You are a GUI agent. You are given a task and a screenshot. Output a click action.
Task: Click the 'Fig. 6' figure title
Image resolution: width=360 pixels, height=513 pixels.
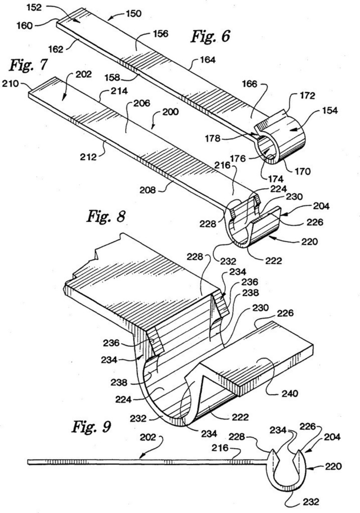coord(210,36)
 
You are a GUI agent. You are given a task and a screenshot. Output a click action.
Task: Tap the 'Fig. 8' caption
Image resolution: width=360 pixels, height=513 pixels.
coord(106,216)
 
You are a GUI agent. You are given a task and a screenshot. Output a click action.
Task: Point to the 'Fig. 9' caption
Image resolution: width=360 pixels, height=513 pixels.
coord(91,426)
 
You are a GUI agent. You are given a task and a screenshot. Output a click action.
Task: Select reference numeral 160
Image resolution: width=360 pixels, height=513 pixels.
coord(25,25)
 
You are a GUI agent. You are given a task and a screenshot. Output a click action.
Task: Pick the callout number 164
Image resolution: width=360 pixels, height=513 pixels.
coord(207,60)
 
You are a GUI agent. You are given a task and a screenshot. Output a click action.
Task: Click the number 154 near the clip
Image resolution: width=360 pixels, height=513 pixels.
coord(329,110)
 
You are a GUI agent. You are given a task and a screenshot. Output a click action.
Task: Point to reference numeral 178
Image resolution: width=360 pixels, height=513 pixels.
coord(212,138)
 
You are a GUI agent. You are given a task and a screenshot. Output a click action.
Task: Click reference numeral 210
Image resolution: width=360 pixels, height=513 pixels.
coord(10,84)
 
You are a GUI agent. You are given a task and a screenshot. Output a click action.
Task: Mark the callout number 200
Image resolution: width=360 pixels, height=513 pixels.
coord(171,112)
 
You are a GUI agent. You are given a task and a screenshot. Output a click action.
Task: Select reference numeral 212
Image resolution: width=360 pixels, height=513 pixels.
coord(89,157)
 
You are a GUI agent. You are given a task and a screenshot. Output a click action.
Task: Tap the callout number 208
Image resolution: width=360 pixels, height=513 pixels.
coord(148,190)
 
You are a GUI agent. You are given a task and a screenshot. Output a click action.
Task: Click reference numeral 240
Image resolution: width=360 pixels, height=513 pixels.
coord(290,393)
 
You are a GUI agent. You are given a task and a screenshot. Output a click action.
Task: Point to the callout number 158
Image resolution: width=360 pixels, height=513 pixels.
coord(112,77)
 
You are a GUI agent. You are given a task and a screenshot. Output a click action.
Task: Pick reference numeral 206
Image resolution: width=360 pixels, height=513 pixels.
coord(141,103)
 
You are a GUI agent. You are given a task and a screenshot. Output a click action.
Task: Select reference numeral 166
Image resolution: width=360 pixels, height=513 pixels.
coord(250,84)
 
